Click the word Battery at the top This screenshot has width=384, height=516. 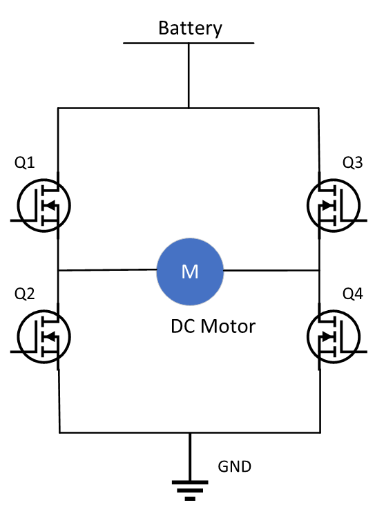click(x=190, y=28)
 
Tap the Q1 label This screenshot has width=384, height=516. click(x=25, y=162)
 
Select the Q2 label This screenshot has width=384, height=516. click(x=25, y=294)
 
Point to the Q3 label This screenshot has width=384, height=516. click(x=353, y=162)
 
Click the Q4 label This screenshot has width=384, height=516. click(x=353, y=294)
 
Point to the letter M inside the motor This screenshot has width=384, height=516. click(x=190, y=272)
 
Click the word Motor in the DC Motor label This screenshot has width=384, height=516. click(x=228, y=327)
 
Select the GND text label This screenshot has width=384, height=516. click(x=235, y=467)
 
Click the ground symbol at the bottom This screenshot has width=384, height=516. click(x=190, y=482)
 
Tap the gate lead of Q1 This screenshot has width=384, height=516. click(x=23, y=220)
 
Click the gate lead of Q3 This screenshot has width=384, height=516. click(x=355, y=220)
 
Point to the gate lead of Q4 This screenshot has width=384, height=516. click(x=355, y=352)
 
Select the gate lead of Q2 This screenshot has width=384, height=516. click(x=23, y=352)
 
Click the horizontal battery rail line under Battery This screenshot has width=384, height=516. click(x=189, y=43)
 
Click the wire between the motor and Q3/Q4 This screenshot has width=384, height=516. click(x=271, y=271)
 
